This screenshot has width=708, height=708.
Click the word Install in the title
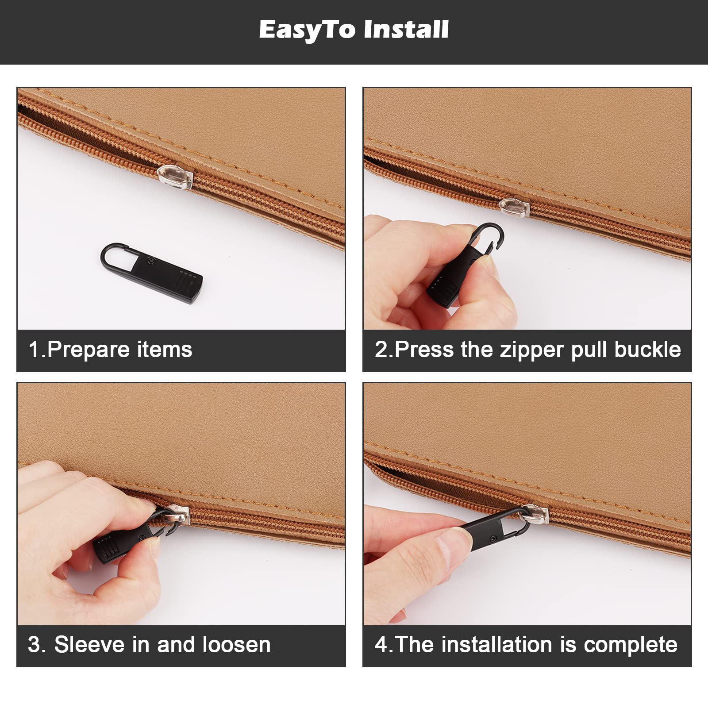pos(406,30)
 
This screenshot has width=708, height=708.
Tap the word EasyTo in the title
pos(307,30)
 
